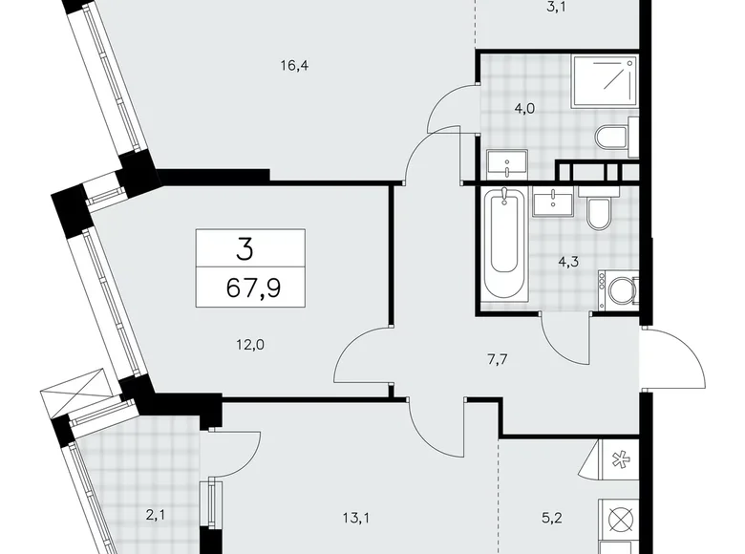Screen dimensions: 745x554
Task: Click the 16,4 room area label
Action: (x=294, y=66)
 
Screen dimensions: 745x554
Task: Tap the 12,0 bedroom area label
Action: (x=250, y=345)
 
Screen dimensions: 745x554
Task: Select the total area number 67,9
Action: (x=253, y=288)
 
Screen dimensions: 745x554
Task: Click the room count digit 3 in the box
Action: (x=245, y=250)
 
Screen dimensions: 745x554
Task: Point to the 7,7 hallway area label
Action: (x=497, y=359)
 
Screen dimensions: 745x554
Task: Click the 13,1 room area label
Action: (x=356, y=518)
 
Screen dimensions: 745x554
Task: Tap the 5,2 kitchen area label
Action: (x=552, y=518)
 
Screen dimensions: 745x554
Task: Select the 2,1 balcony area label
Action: (x=156, y=515)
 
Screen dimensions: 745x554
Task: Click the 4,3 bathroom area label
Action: (x=568, y=262)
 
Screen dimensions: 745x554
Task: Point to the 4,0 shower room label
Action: (x=524, y=109)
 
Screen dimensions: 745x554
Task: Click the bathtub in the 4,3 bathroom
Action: (x=503, y=245)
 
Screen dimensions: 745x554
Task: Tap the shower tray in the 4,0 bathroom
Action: (x=605, y=81)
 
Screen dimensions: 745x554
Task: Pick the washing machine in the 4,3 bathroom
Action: (x=618, y=289)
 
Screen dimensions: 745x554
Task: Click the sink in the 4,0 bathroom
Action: (x=507, y=164)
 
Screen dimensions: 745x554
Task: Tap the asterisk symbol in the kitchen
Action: (x=619, y=459)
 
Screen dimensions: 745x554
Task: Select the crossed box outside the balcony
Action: (x=77, y=390)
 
